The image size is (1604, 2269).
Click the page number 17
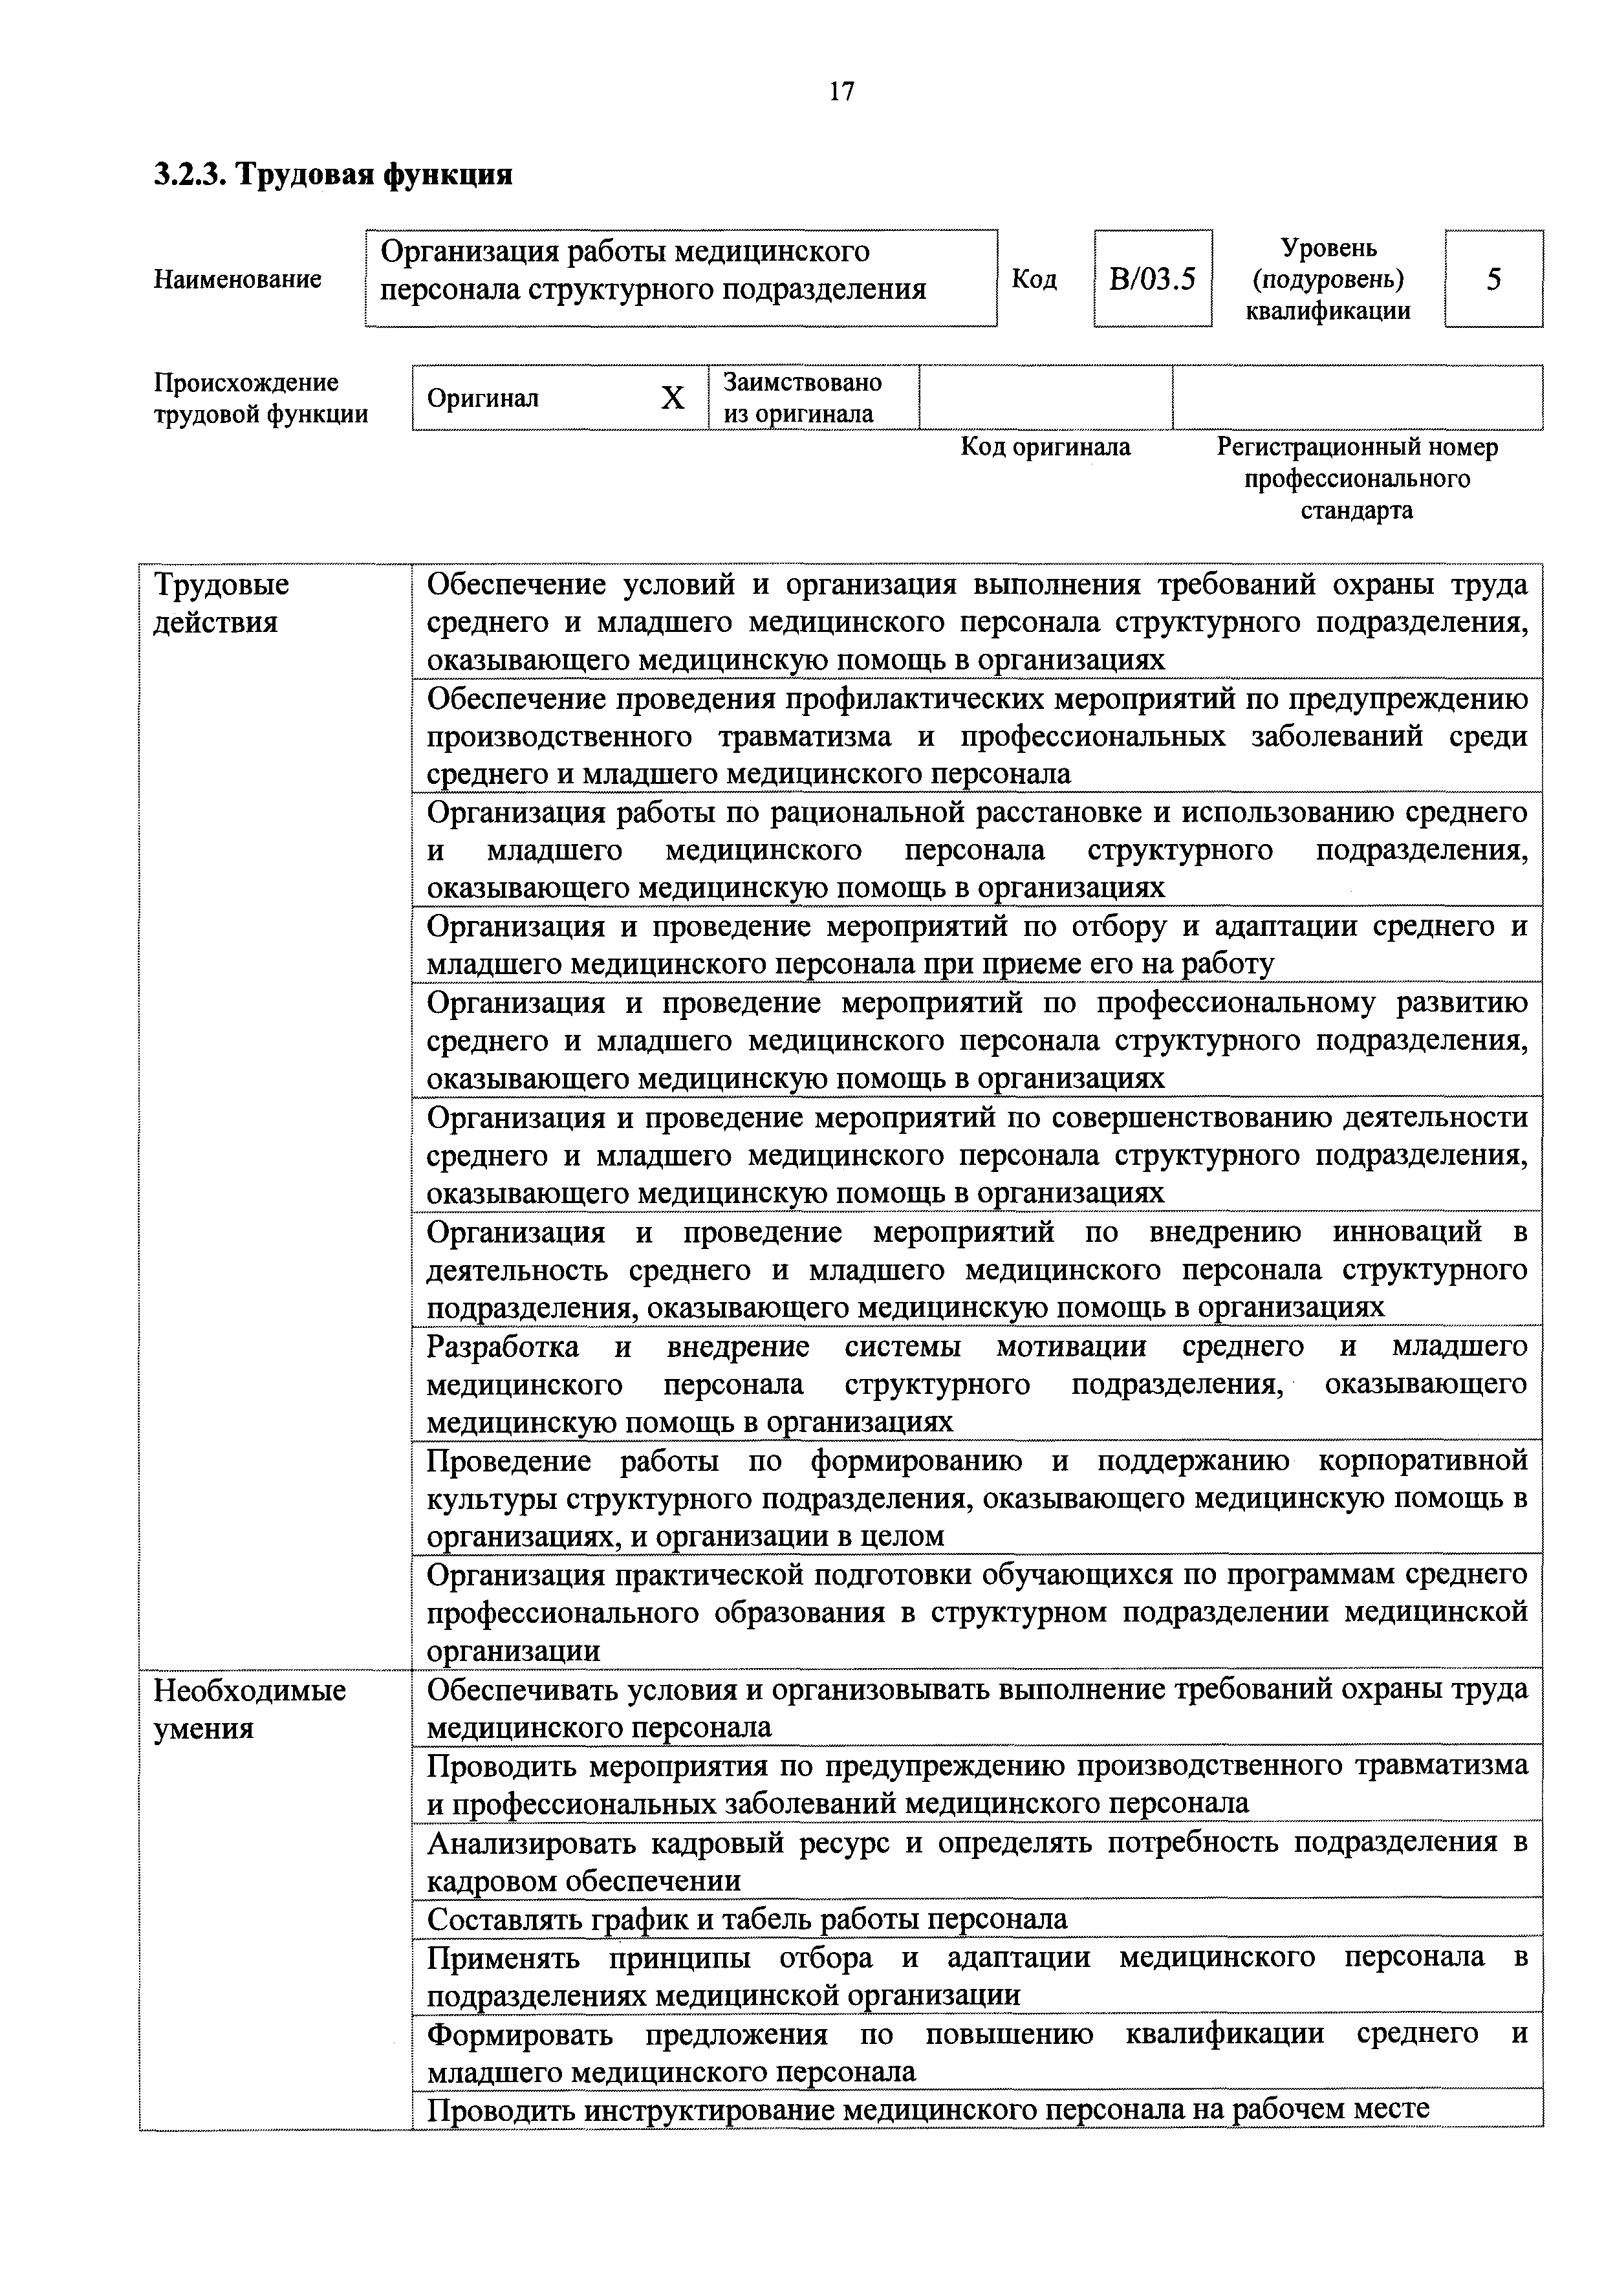point(841,92)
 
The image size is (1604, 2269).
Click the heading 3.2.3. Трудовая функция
point(333,175)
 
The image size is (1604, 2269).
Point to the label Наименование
point(237,279)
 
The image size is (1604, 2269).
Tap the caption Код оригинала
point(1046,448)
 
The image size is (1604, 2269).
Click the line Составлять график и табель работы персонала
point(747,1919)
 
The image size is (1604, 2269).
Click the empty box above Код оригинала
point(1046,397)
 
